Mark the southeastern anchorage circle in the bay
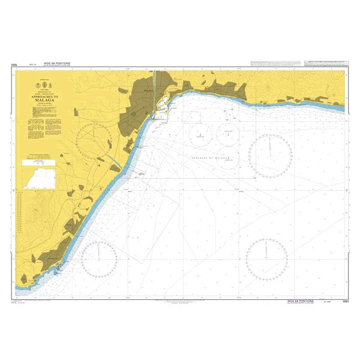[x=228, y=158]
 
